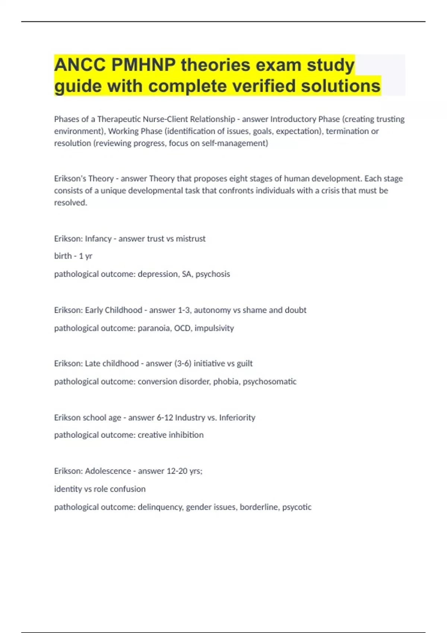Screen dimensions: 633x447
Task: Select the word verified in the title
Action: point(264,86)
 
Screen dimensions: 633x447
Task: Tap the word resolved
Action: point(70,203)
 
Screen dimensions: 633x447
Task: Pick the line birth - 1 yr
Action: point(73,256)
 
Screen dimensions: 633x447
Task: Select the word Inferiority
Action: point(237,418)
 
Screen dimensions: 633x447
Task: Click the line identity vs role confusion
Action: point(100,489)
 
